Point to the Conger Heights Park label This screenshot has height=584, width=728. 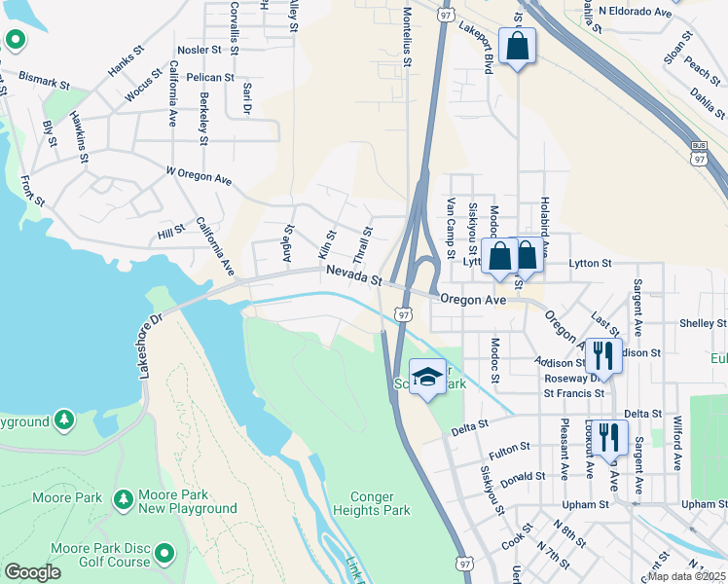tap(371, 502)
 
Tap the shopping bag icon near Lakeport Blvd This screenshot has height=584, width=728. tap(517, 45)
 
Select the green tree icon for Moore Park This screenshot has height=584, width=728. tap(124, 498)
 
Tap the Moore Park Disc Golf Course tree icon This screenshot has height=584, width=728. tap(164, 554)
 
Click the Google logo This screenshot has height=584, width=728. tap(32, 572)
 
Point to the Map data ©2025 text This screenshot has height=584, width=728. tap(687, 576)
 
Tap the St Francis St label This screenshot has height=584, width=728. tap(574, 393)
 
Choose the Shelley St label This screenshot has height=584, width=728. tap(704, 323)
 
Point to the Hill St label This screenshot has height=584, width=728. tap(171, 232)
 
